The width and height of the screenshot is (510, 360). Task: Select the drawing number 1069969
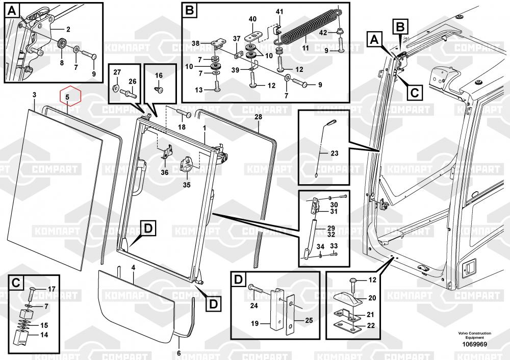click(475, 344)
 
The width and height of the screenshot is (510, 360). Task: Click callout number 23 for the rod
click(335, 153)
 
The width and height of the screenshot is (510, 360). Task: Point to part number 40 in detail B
click(252, 19)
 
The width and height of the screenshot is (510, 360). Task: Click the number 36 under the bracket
click(165, 172)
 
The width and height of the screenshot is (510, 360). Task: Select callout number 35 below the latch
click(186, 185)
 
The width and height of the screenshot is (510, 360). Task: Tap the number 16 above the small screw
click(159, 75)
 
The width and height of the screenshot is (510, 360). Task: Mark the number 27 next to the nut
click(117, 72)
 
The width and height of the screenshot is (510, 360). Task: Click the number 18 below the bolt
click(182, 127)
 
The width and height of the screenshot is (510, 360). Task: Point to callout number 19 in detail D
click(254, 323)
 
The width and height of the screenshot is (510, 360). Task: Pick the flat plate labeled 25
click(290, 315)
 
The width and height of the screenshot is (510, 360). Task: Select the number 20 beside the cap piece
click(372, 298)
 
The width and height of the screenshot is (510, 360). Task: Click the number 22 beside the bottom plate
click(371, 325)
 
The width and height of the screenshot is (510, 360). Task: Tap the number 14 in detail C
click(44, 335)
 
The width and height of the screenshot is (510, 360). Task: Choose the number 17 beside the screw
click(52, 289)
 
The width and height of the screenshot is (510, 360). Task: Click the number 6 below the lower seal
click(178, 353)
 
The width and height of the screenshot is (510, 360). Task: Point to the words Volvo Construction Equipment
click(474, 336)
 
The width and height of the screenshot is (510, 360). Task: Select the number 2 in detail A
click(68, 30)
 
